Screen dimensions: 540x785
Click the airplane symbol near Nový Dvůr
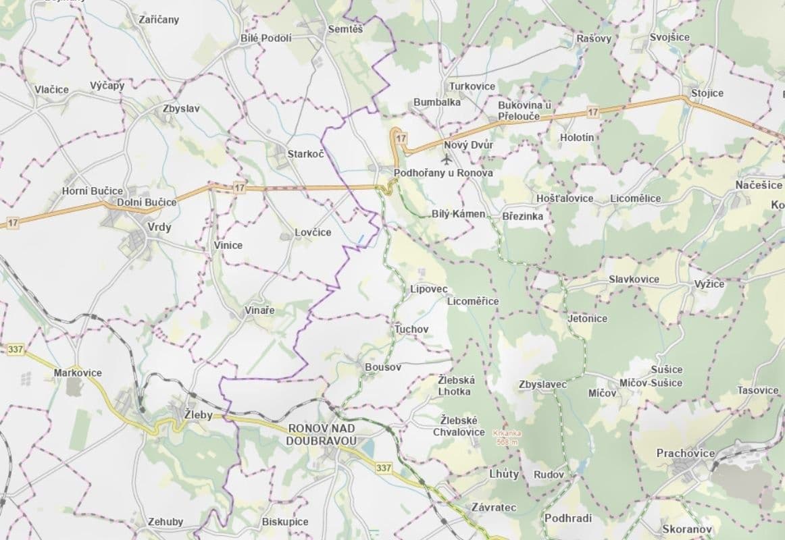tap(446, 159)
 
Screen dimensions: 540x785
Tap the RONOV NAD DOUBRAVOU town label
tap(322, 434)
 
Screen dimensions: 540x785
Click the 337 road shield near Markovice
tap(16, 349)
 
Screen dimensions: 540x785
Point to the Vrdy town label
tap(159, 227)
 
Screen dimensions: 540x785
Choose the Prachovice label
tap(685, 453)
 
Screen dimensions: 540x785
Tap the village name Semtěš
tap(345, 29)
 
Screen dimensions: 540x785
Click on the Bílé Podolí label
tap(266, 38)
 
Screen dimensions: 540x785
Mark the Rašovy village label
tap(594, 38)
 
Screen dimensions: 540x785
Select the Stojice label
tap(707, 93)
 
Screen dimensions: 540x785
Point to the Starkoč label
tap(305, 154)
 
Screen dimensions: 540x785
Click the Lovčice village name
tap(313, 232)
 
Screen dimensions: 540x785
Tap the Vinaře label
tap(259, 310)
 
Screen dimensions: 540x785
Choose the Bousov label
tap(382, 367)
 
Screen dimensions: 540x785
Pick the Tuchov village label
tap(411, 329)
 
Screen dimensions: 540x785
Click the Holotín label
tap(577, 138)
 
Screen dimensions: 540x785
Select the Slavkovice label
tap(634, 279)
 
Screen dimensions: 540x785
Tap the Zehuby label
tap(166, 522)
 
